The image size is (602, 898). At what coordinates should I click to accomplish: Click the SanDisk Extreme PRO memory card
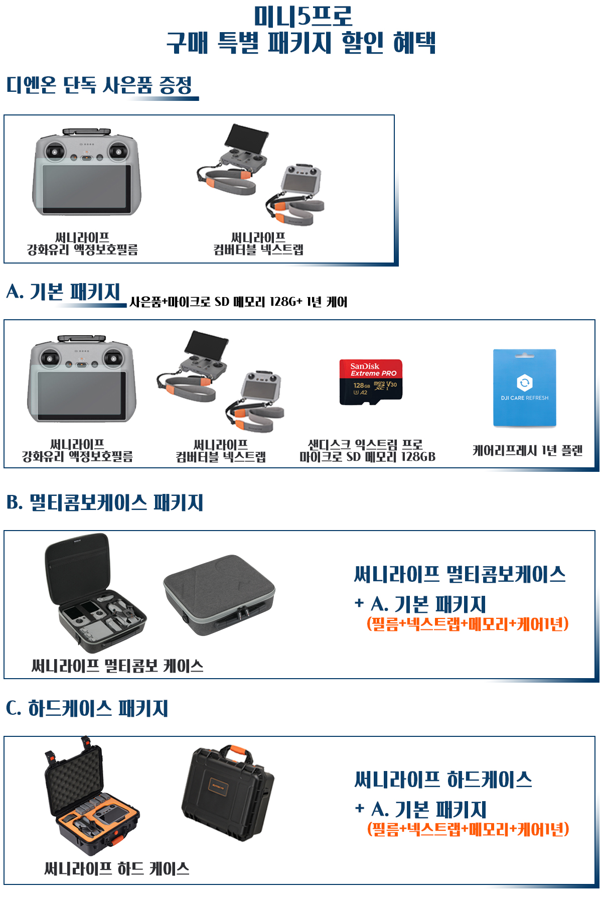pyautogui.click(x=371, y=381)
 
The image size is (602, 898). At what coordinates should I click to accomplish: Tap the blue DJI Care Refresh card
pyautogui.click(x=525, y=388)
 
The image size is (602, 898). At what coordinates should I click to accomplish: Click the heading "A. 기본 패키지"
pyautogui.click(x=64, y=292)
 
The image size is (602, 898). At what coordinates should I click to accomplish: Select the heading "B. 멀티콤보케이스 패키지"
pyautogui.click(x=105, y=502)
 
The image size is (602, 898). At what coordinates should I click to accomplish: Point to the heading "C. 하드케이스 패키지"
pyautogui.click(x=87, y=708)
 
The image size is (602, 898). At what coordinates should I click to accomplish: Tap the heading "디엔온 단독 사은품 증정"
pyautogui.click(x=99, y=85)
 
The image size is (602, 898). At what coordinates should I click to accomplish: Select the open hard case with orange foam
pyautogui.click(x=90, y=798)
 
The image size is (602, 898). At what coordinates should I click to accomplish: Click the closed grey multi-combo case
pyautogui.click(x=219, y=594)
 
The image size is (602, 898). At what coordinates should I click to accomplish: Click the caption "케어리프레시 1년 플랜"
pyautogui.click(x=527, y=450)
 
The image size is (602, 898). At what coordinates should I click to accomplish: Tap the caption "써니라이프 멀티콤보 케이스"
pyautogui.click(x=117, y=666)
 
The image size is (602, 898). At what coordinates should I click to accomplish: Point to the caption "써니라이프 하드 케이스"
pyautogui.click(x=117, y=868)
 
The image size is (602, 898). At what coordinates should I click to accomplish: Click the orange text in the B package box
pyautogui.click(x=468, y=624)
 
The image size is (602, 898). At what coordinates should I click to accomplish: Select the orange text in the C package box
pyautogui.click(x=468, y=829)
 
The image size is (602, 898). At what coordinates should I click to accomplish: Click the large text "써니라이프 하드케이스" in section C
pyautogui.click(x=443, y=780)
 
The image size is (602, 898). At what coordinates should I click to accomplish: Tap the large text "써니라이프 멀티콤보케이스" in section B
pyautogui.click(x=460, y=574)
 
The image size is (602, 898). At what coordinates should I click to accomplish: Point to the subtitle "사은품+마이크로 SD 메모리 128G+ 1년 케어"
pyautogui.click(x=238, y=302)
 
